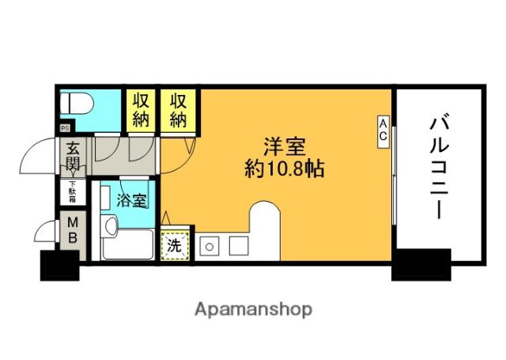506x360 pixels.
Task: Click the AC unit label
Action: pyautogui.click(x=383, y=131)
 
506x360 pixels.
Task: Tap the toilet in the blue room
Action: pyautogui.click(x=77, y=104)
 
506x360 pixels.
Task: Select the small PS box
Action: pyautogui.click(x=65, y=128)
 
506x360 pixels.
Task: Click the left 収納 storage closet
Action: pyautogui.click(x=141, y=110)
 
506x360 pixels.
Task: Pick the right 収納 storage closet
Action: pyautogui.click(x=179, y=110)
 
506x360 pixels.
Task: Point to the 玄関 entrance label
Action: pyautogui.click(x=73, y=157)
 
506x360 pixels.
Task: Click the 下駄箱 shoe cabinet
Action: pyautogui.click(x=73, y=192)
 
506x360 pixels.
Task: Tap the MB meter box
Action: pyautogui.click(x=73, y=230)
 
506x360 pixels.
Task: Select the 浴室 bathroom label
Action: pyautogui.click(x=132, y=200)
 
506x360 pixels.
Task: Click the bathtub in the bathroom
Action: pyautogui.click(x=128, y=244)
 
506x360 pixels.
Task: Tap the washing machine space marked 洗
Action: pyautogui.click(x=175, y=246)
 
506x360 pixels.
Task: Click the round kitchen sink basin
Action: pyautogui.click(x=209, y=246)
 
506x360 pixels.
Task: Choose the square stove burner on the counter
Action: pyautogui.click(x=239, y=246)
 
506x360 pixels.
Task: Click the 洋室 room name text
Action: pyautogui.click(x=285, y=147)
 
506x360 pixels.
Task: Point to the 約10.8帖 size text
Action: pyautogui.click(x=285, y=169)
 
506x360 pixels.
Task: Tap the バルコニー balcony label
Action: pyautogui.click(x=440, y=167)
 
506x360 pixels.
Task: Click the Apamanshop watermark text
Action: pyautogui.click(x=253, y=310)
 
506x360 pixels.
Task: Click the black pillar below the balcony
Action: pyautogui.click(x=421, y=265)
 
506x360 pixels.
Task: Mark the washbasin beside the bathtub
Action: pyautogui.click(x=110, y=225)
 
